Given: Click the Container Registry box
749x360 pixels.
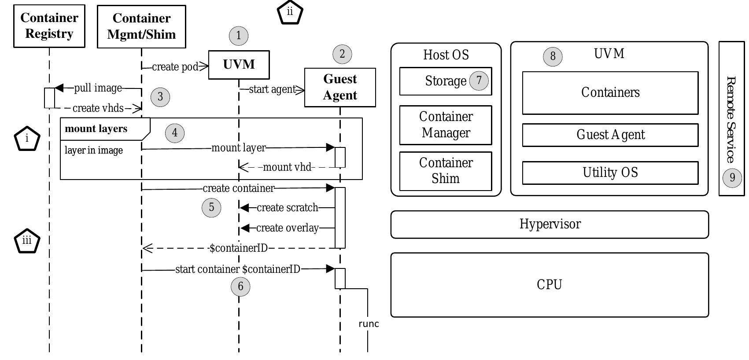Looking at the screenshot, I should click(x=49, y=26).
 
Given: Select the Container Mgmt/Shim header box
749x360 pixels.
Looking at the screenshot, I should click(x=141, y=26).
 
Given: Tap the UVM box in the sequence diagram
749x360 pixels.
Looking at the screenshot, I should click(x=239, y=65).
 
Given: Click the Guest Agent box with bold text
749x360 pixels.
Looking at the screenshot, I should click(x=340, y=87).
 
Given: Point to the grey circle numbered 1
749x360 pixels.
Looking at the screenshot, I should click(x=239, y=36).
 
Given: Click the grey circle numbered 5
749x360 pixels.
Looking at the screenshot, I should click(x=211, y=207).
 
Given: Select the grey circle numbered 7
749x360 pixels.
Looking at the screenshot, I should click(x=479, y=81).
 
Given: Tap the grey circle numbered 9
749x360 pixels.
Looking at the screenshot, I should click(x=732, y=177).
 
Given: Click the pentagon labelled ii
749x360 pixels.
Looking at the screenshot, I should click(x=290, y=12).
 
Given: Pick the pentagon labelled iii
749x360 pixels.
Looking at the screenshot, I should click(x=27, y=241).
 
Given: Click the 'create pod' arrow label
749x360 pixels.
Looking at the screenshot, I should click(x=175, y=67).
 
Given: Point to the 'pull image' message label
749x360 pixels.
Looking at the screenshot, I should click(x=98, y=88).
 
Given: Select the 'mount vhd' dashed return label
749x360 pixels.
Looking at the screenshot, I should click(x=287, y=167).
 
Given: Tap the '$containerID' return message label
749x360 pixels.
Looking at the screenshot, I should click(x=238, y=248).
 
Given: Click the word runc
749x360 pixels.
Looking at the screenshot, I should click(x=369, y=324).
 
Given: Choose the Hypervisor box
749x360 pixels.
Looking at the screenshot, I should click(x=550, y=224).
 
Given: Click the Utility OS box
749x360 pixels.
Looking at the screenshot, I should click(x=610, y=173).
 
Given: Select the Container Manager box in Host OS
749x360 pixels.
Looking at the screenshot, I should click(x=446, y=125).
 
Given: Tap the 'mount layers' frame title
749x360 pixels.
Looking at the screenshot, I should click(x=96, y=129).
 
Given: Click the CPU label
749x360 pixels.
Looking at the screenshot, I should click(x=549, y=285).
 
